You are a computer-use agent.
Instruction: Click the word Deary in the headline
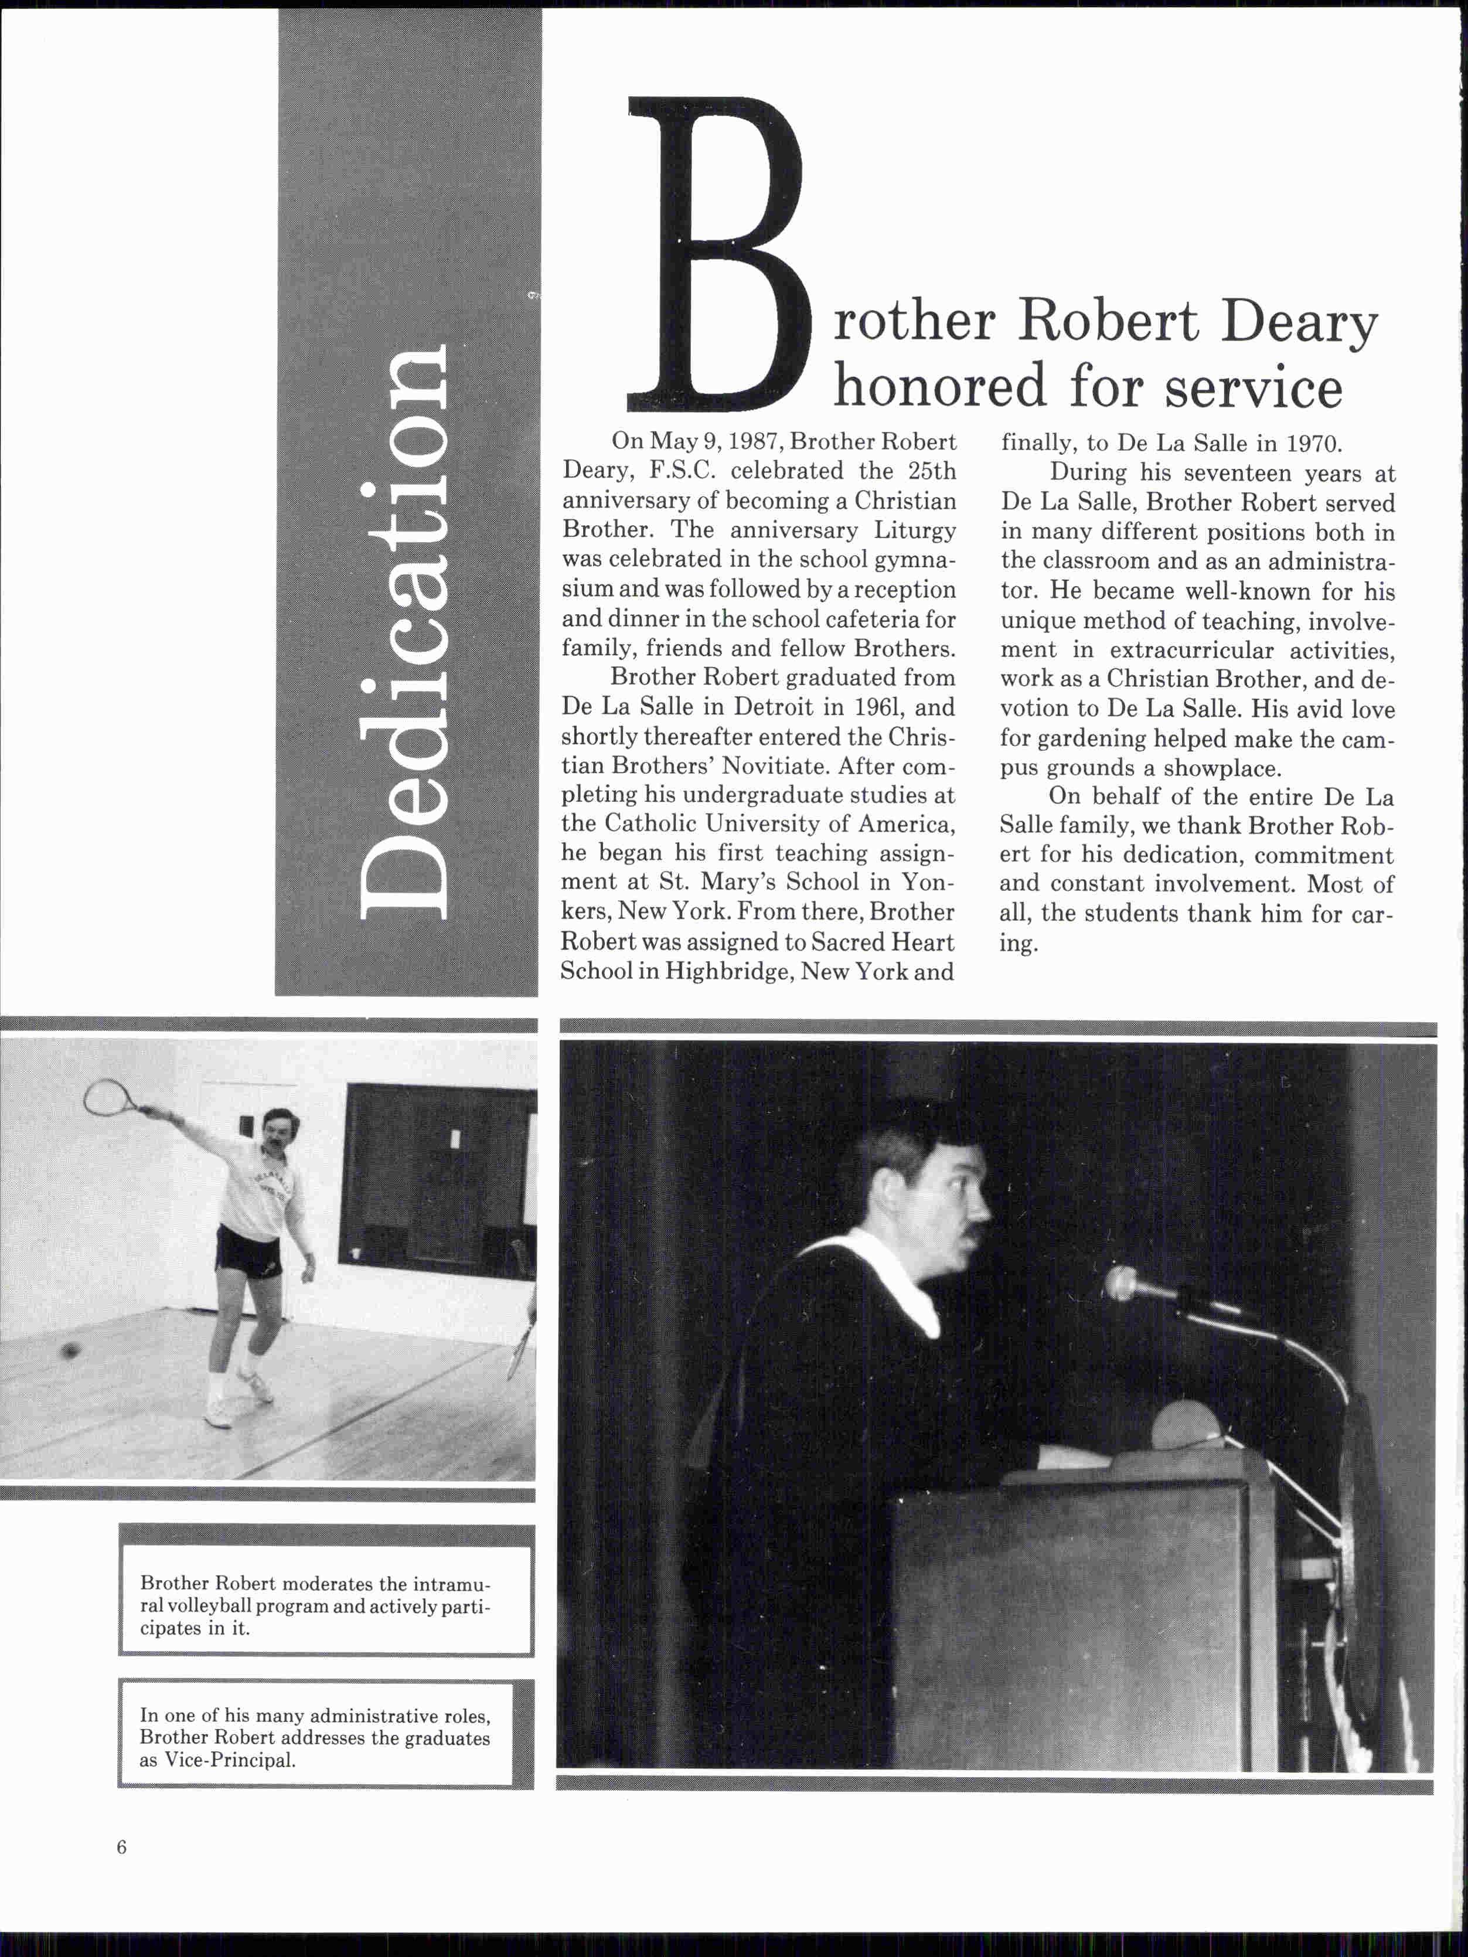click(x=1299, y=324)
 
